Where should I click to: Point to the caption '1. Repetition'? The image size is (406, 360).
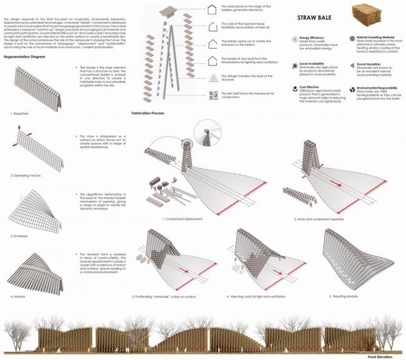21,114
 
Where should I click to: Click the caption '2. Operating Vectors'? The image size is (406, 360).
27,176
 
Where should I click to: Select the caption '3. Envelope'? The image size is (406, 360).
21,237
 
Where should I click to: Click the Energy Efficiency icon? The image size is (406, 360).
294,40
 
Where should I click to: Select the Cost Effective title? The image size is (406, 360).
310,87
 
